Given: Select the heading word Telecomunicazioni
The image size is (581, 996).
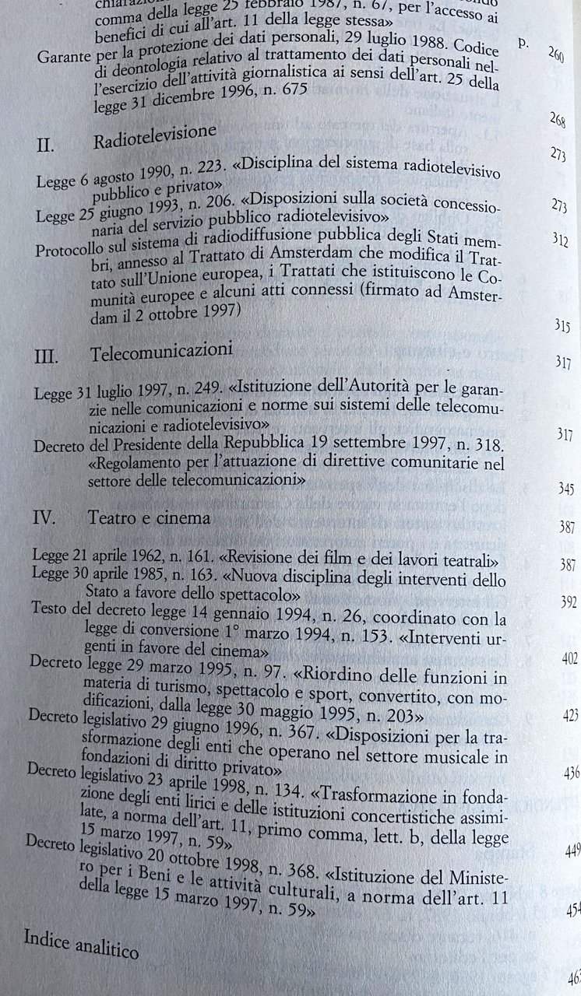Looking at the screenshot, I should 161,352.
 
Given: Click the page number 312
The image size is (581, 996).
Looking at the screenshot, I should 559,239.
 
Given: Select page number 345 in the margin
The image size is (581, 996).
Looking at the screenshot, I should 566,489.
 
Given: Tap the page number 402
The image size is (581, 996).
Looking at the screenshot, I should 569,659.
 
